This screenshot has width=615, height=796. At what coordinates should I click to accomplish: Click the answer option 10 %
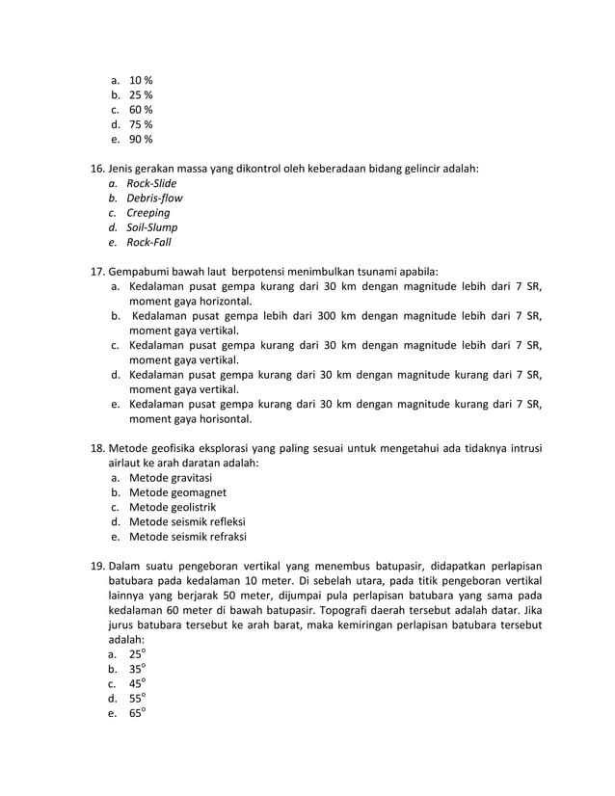click(x=141, y=80)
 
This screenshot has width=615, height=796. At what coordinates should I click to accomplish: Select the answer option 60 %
click(x=141, y=110)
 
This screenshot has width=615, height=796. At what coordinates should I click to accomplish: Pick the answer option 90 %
click(x=141, y=139)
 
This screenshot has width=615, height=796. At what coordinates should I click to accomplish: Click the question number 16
click(x=96, y=169)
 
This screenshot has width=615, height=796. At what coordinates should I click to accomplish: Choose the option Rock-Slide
click(x=152, y=183)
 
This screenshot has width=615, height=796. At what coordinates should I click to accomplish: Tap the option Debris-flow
click(x=155, y=199)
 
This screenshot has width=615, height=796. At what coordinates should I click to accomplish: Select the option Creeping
click(x=148, y=213)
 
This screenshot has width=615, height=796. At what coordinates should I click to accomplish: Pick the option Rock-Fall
click(x=149, y=243)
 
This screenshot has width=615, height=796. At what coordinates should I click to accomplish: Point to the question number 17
click(x=96, y=272)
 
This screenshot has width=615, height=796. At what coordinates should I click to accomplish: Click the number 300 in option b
click(x=320, y=315)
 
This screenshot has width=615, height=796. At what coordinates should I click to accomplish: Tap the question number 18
click(x=96, y=448)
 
